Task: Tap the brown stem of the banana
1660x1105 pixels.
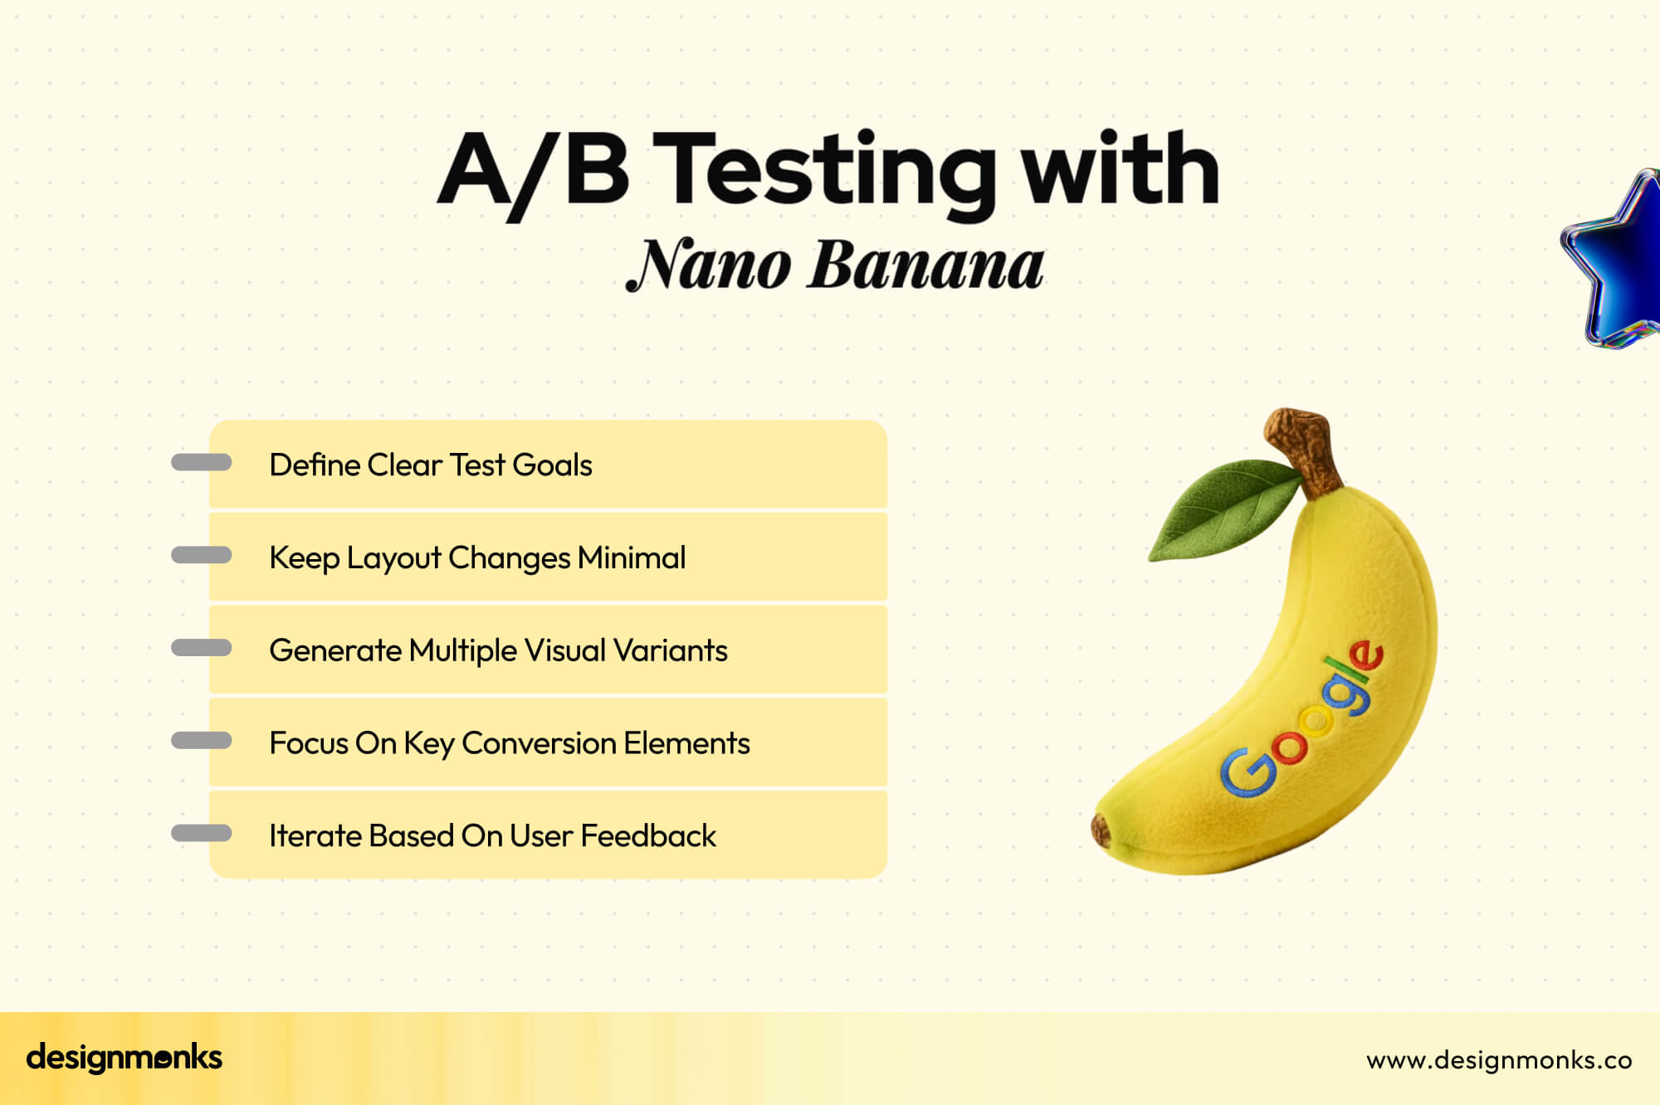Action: click(1307, 448)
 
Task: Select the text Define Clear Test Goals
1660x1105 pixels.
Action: click(431, 465)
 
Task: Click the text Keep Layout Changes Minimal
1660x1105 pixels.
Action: click(477, 557)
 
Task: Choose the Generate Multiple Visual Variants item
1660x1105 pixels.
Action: click(498, 650)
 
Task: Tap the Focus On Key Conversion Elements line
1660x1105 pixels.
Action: click(509, 743)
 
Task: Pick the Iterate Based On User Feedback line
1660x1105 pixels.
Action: click(492, 835)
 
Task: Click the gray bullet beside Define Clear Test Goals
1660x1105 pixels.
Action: click(201, 463)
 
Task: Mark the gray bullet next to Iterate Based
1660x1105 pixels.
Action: click(201, 833)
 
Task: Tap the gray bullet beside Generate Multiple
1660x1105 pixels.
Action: click(201, 648)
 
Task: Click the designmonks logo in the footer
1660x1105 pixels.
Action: click(124, 1058)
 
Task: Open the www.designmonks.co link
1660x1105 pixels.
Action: click(1499, 1060)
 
